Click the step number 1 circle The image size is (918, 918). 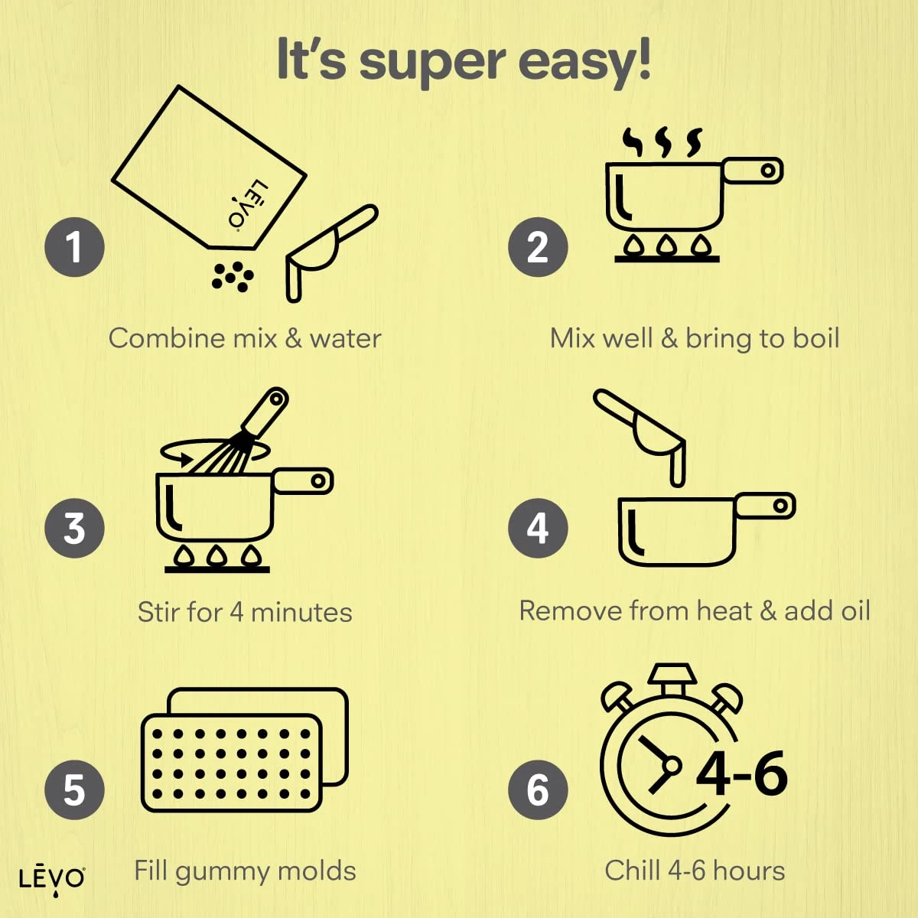pyautogui.click(x=74, y=247)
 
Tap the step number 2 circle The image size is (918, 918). pyautogui.click(x=538, y=247)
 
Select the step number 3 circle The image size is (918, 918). pyautogui.click(x=74, y=529)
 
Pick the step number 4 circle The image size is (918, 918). pyautogui.click(x=538, y=529)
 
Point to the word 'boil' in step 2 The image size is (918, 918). pyautogui.click(x=816, y=338)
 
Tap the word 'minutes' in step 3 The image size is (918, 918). pyautogui.click(x=301, y=612)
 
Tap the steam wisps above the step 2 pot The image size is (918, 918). pyautogui.click(x=662, y=142)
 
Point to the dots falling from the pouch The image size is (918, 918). pyautogui.click(x=233, y=277)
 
